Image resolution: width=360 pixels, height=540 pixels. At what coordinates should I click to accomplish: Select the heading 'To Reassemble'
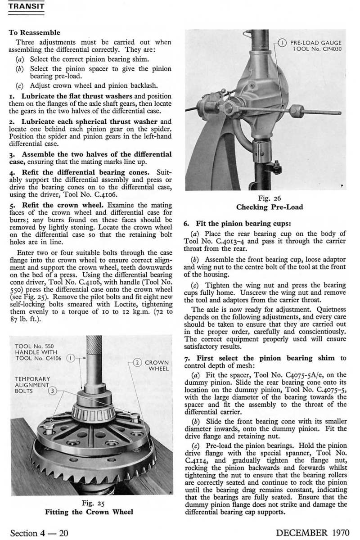click(x=34, y=32)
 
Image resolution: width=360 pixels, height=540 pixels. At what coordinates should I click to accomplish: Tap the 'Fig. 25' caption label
click(x=90, y=503)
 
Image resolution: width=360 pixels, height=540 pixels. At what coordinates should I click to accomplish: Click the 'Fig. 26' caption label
click(x=270, y=198)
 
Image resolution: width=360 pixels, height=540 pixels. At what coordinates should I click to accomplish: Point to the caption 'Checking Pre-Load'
click(x=270, y=207)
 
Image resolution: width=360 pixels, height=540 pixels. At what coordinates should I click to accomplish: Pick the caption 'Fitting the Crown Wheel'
click(x=89, y=512)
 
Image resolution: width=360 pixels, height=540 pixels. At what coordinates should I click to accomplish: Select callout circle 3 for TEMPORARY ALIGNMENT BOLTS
click(x=53, y=391)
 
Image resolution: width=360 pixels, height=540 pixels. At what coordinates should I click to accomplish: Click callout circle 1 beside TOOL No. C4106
click(x=70, y=359)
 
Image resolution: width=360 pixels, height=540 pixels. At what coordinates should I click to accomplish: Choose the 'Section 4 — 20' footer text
click(x=39, y=533)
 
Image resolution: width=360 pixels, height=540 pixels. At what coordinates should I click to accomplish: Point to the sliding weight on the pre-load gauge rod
click(x=297, y=111)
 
